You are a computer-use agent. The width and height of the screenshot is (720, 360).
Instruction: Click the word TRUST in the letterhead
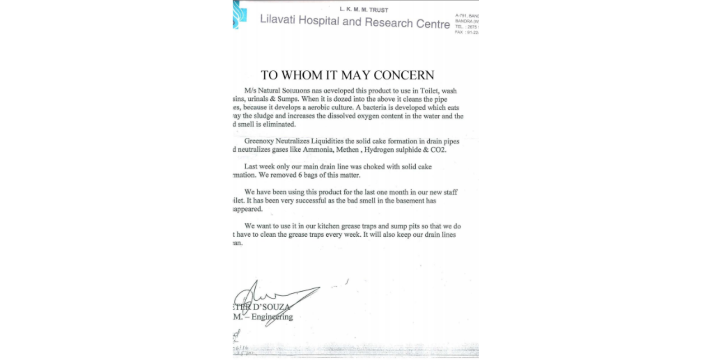378,10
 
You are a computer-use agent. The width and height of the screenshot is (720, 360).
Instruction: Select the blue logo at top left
238,14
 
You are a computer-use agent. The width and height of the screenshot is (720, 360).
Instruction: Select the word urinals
258,99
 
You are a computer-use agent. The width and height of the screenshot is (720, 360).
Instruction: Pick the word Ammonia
317,150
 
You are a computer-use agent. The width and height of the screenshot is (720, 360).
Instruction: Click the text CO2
438,150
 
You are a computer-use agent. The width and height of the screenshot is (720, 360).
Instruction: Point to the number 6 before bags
300,175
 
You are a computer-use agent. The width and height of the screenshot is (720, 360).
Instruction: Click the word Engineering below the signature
272,317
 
